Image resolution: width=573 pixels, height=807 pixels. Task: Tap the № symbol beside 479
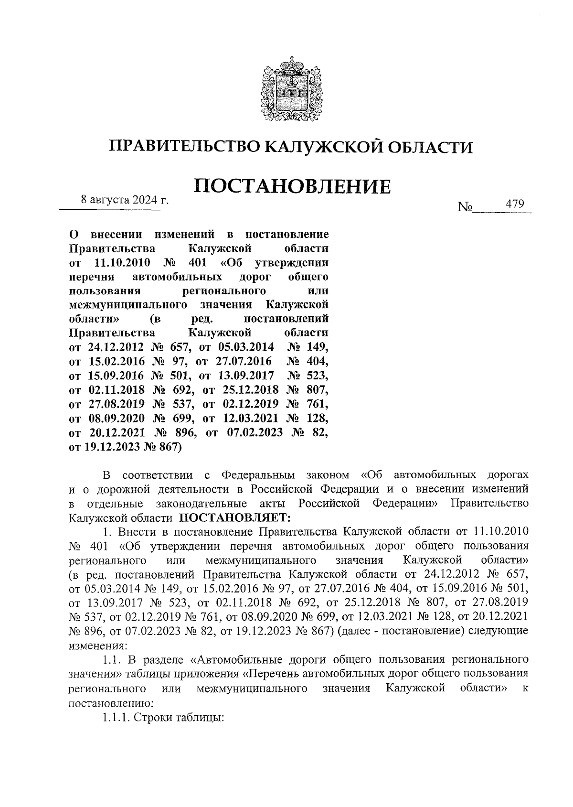[x=465, y=207]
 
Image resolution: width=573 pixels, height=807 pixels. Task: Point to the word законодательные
[x=202, y=504]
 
